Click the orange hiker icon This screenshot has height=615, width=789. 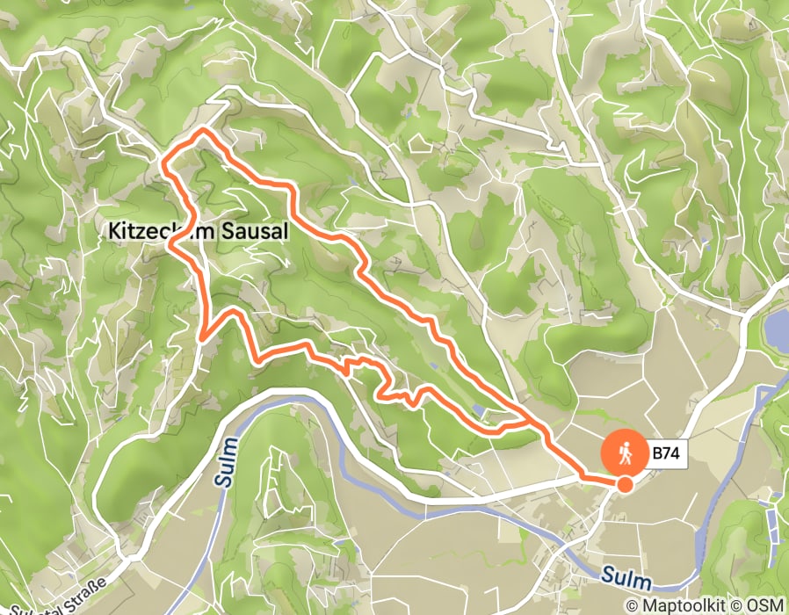click(625, 453)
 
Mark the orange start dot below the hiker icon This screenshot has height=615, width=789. click(626, 484)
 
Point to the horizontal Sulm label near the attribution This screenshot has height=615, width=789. click(628, 580)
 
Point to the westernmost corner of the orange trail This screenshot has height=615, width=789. click(164, 161)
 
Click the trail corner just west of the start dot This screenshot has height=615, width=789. click(583, 475)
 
